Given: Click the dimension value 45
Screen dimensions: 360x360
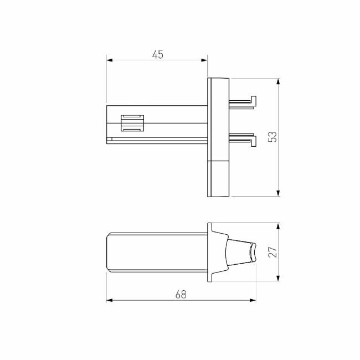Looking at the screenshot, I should click(157, 54).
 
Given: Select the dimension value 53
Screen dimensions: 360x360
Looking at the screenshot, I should click(272, 137).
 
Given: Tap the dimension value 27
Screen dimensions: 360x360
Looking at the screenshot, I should click(272, 252).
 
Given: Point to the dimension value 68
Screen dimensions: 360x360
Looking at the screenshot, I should click(181, 295).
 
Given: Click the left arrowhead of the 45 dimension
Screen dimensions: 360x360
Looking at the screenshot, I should click(109, 60).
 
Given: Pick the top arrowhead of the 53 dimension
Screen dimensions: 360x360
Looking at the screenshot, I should click(278, 81).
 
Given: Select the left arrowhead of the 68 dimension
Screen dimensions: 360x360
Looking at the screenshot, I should click(109, 301).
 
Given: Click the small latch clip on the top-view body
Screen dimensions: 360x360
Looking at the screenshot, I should click(132, 123).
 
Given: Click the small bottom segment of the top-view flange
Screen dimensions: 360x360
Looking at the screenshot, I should click(218, 178).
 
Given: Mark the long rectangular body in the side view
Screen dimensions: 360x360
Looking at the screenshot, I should click(155, 252).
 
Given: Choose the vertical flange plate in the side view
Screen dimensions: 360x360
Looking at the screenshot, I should click(210, 252).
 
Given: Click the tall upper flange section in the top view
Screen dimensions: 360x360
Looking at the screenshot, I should click(218, 119).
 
